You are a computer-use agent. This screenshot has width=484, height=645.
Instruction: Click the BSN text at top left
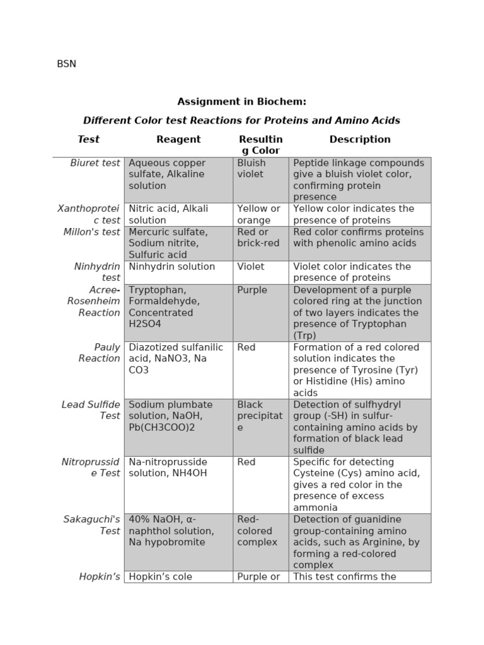click(66, 64)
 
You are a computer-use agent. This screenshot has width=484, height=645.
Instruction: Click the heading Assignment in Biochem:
click(241, 101)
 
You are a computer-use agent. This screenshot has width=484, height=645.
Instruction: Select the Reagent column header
click(178, 140)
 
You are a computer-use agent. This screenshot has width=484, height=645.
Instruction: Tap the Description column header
click(360, 140)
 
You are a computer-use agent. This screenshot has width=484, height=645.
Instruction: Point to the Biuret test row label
click(95, 163)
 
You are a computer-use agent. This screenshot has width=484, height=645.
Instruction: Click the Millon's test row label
click(91, 232)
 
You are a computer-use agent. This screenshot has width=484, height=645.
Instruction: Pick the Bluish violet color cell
click(252, 169)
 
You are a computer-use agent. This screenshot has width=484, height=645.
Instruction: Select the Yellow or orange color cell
click(258, 214)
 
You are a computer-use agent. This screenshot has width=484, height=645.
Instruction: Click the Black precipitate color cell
click(260, 416)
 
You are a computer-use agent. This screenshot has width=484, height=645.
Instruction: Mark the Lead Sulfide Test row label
click(91, 410)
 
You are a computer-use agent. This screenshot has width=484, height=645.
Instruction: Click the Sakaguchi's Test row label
click(91, 525)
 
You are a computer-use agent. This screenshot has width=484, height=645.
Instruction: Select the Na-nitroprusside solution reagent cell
click(168, 467)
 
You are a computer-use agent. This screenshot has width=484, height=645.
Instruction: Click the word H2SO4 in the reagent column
click(145, 324)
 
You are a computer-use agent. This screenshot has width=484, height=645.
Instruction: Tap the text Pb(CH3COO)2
click(161, 427)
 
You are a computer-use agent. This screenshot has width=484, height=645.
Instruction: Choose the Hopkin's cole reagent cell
click(164, 576)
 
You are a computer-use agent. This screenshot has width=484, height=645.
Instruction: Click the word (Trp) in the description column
click(306, 336)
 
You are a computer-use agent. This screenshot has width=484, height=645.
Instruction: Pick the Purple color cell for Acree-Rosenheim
click(252, 290)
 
